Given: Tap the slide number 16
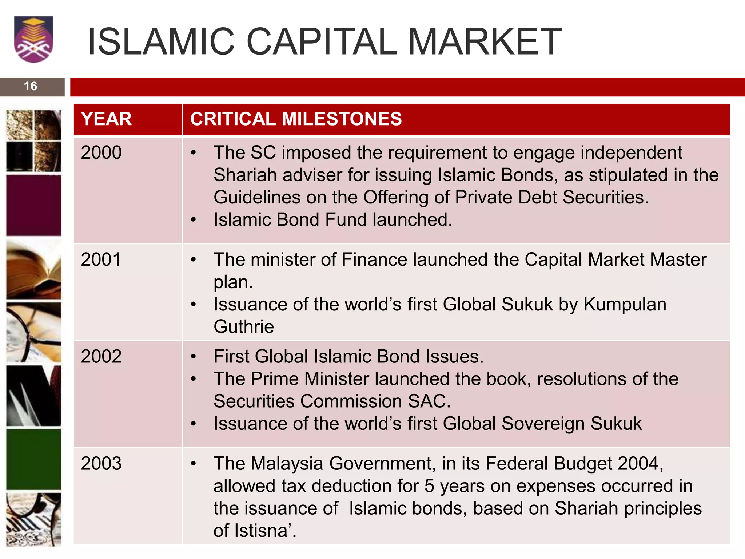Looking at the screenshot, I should tap(31, 86).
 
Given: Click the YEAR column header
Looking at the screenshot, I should tap(106, 119).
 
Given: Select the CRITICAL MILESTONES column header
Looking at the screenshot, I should tap(296, 119).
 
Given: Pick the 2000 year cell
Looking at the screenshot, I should tap(101, 152).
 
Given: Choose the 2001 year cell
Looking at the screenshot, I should tap(101, 260).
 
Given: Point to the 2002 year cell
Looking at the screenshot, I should tap(101, 357).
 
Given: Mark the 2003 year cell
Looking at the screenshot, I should tap(101, 464).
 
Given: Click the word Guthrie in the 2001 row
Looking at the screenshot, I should tap(244, 326).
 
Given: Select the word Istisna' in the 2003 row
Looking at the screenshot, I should tap(266, 531).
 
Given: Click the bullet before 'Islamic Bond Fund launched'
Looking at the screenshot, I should tap(194, 220).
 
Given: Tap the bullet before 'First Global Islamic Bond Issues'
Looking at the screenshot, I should tap(194, 357).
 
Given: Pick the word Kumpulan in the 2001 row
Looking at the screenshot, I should tap(625, 304).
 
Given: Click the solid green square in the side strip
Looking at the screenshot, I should tap(33, 459).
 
